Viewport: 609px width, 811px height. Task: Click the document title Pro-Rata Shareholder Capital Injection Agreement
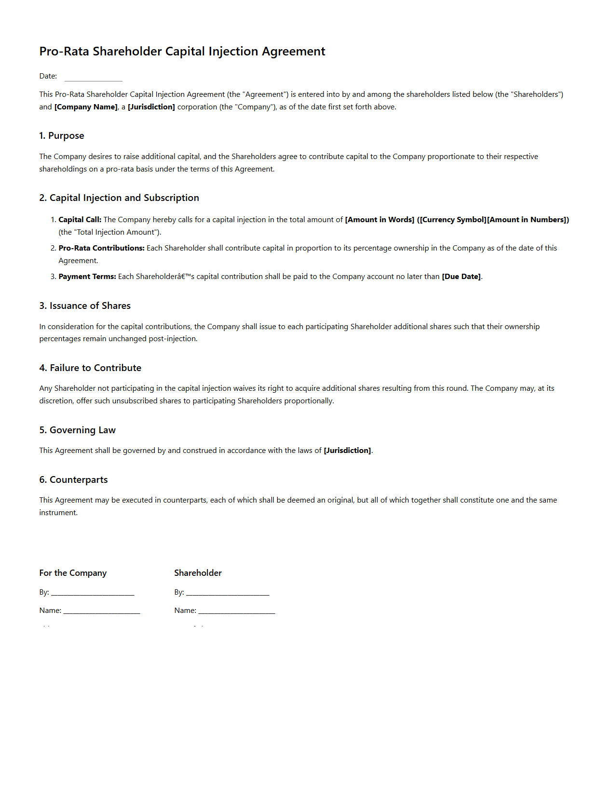182,52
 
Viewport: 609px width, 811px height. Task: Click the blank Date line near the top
93,77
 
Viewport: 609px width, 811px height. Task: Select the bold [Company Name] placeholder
86,107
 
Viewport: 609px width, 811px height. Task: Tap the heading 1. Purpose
62,136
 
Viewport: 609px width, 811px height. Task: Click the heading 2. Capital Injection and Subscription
119,198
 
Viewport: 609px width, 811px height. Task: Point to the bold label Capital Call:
80,220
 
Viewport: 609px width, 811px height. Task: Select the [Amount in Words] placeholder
379,220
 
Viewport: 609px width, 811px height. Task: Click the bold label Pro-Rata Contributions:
101,248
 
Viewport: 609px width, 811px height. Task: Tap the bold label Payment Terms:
87,277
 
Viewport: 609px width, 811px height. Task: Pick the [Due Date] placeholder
461,277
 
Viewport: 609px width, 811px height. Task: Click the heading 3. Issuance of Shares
85,306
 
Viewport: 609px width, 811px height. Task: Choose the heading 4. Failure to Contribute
90,368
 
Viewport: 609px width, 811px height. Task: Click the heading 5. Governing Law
78,430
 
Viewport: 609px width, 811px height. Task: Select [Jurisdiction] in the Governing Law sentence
347,451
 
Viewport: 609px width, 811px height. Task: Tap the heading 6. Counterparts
73,480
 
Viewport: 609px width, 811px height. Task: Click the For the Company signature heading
73,573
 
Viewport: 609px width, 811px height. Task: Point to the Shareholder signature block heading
198,573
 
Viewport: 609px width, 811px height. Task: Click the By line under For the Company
93,593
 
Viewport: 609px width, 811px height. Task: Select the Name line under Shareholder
236,611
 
